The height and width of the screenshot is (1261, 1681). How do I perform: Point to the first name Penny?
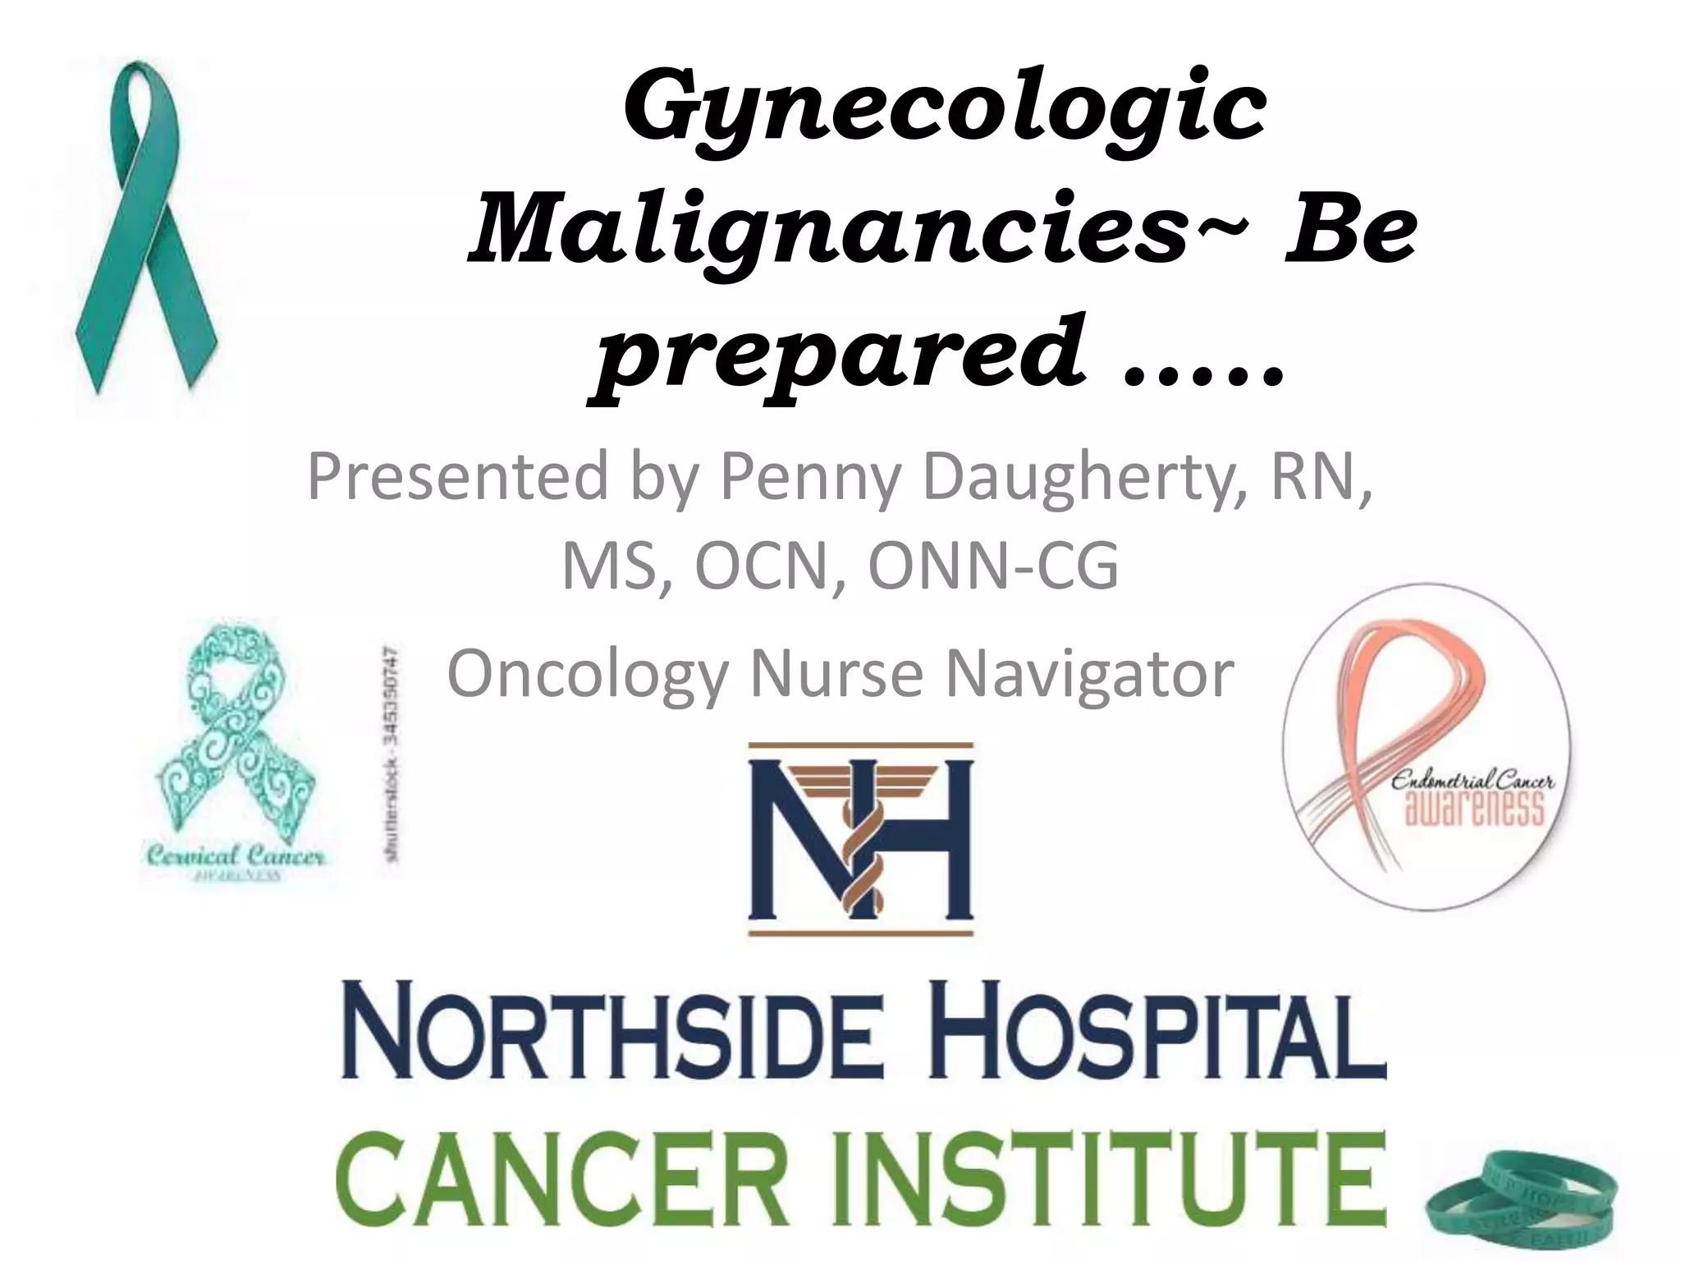point(808,478)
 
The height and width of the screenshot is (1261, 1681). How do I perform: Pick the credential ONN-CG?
point(993,566)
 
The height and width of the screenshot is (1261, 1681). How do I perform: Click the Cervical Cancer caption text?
point(235,858)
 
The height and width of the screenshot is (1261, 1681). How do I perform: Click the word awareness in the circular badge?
point(1476,809)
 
